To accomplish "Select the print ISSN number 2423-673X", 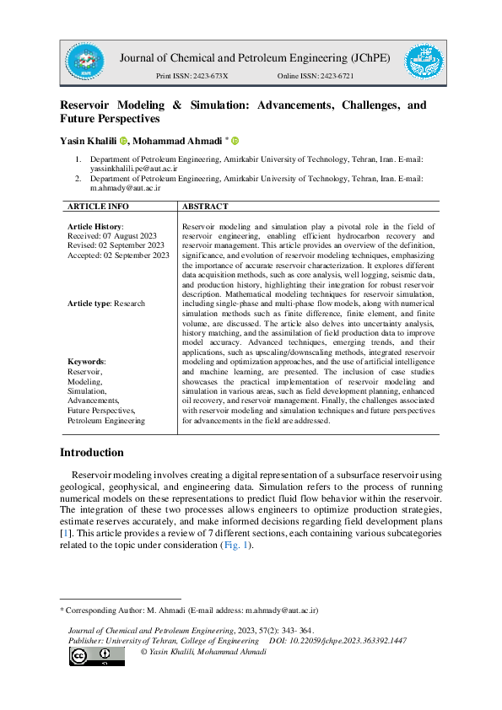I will tap(208, 77).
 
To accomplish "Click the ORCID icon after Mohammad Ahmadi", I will tap(235, 141).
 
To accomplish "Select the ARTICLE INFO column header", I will tap(98, 206).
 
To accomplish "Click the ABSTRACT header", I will tap(205, 206).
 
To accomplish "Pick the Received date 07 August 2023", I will tap(117, 236).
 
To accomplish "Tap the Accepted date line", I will tap(118, 255).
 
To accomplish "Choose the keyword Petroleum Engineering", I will tap(106, 419).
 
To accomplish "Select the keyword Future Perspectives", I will tap(102, 410).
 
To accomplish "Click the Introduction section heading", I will tap(91, 453).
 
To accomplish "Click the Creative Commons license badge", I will tap(97, 656).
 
